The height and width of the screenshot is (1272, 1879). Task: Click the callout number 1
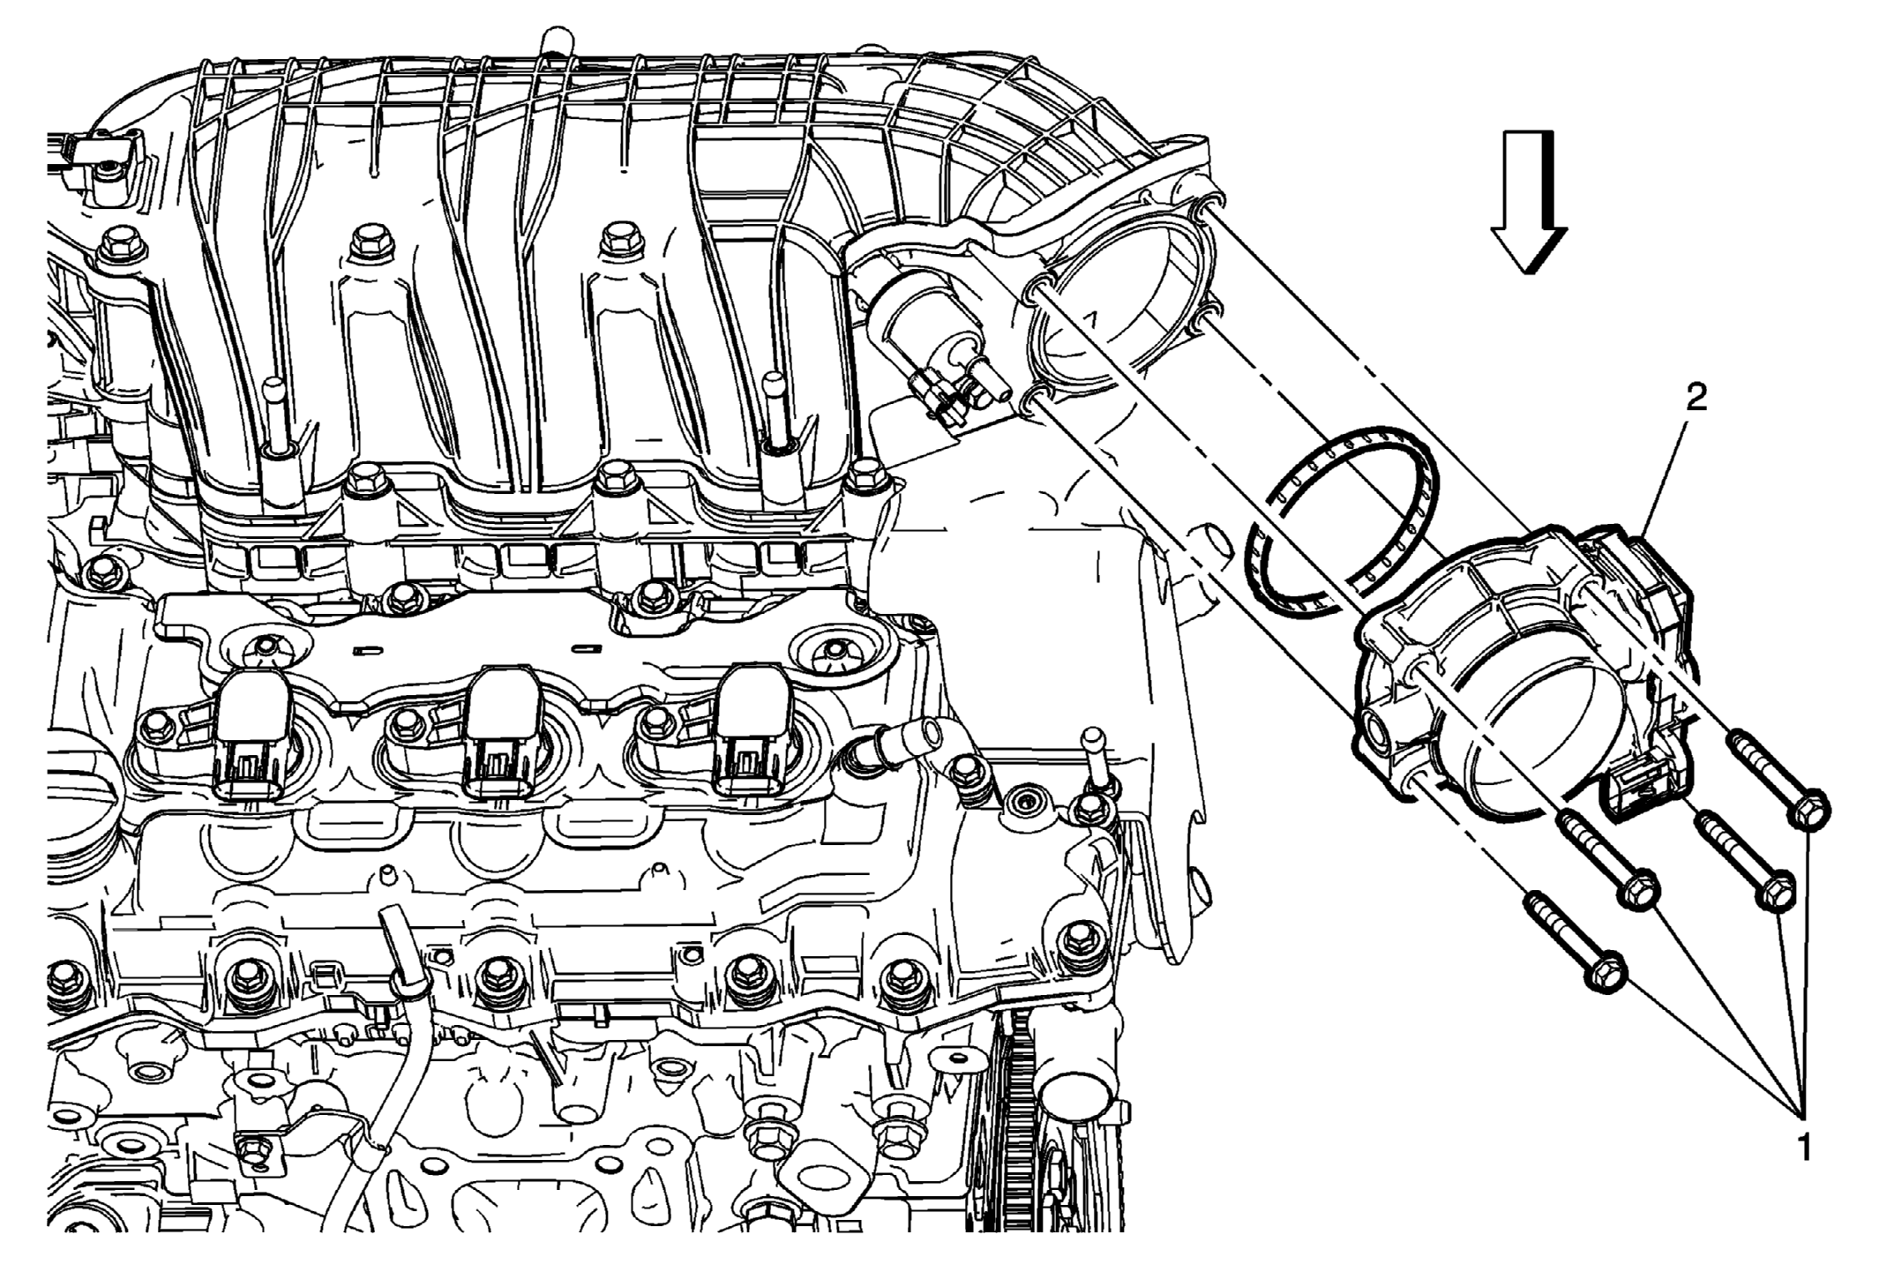(x=1804, y=1147)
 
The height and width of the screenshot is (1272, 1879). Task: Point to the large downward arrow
(x=1529, y=202)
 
